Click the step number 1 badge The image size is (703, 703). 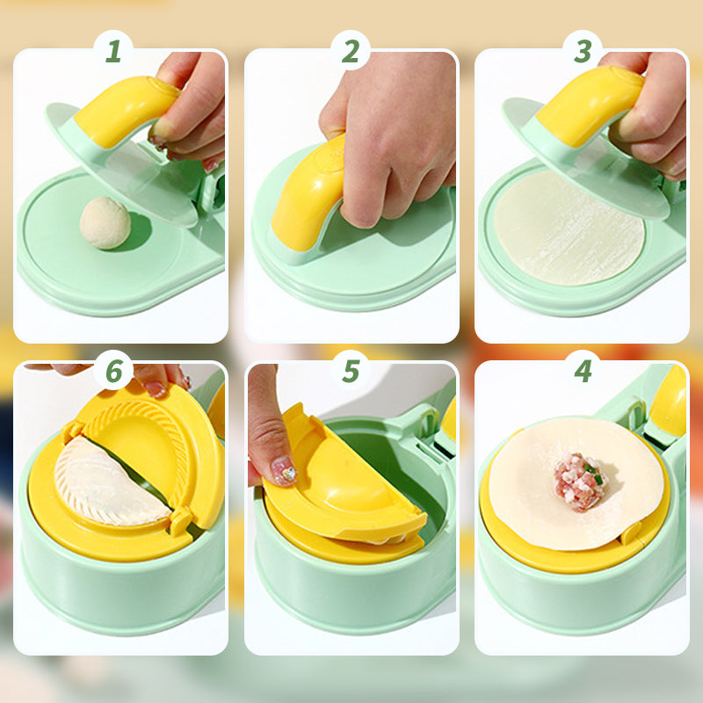[x=112, y=51]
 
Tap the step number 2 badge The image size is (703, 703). [x=351, y=51]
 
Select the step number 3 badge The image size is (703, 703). [x=583, y=51]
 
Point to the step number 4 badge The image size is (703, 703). [x=583, y=371]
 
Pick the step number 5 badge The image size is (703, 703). [x=351, y=371]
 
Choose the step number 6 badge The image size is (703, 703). [x=113, y=371]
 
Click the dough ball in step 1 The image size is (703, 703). [x=105, y=222]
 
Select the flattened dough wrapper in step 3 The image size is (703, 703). [x=562, y=233]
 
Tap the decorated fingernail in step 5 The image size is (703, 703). [x=283, y=472]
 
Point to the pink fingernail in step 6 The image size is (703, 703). [x=156, y=388]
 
